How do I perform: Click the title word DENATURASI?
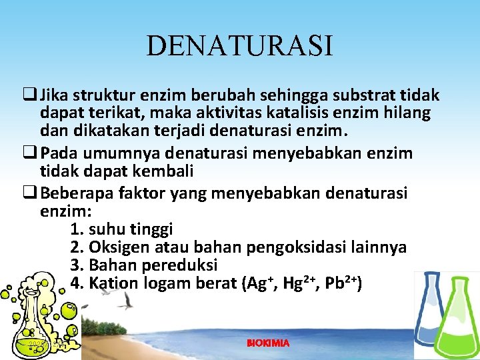point(239,47)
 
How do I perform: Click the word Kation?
point(113,283)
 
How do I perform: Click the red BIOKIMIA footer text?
point(268,343)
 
